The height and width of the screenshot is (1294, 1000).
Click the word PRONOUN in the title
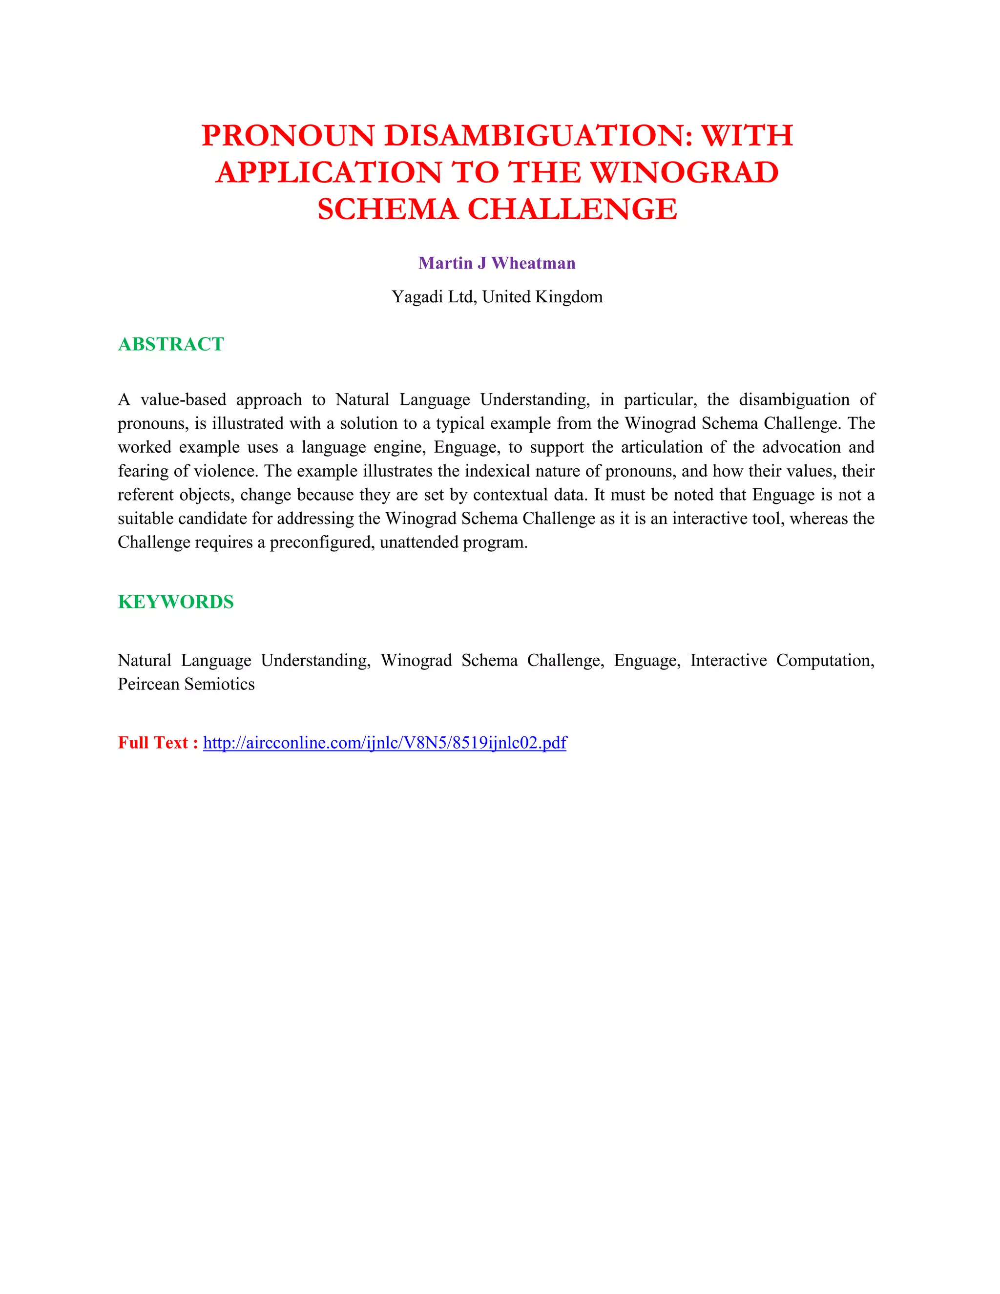click(288, 136)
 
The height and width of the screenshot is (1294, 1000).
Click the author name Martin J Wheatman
click(497, 263)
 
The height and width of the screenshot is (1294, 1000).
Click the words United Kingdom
click(542, 297)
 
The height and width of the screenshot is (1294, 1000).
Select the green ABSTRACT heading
click(170, 344)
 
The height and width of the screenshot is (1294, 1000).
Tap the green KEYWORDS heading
click(175, 602)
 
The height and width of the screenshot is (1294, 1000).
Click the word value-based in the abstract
click(183, 400)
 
